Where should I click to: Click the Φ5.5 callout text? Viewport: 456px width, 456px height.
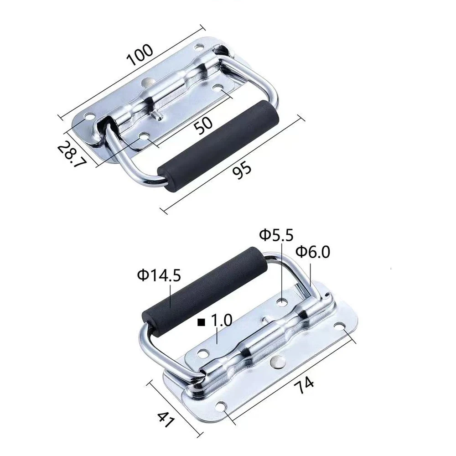click(277, 235)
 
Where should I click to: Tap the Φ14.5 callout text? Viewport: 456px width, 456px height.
click(159, 275)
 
